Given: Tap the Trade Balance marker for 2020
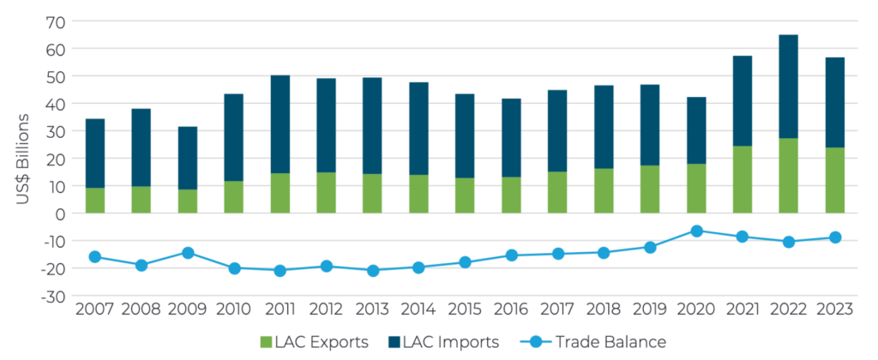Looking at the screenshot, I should (696, 231).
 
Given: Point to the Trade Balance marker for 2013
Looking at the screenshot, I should (372, 271).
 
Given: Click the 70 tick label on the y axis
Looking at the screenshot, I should (51, 21).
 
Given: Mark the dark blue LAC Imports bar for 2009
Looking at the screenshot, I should (187, 159).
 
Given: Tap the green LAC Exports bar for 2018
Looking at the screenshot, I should (604, 190).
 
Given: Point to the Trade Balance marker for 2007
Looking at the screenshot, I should (94, 257).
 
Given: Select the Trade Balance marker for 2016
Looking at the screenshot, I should (511, 255).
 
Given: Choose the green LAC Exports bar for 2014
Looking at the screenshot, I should (418, 194).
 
